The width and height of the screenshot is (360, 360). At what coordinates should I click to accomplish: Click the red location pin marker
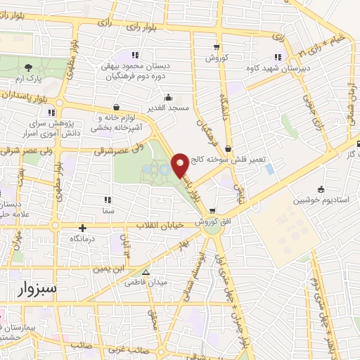tap(181, 165)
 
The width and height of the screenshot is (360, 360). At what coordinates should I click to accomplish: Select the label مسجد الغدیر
tap(168, 110)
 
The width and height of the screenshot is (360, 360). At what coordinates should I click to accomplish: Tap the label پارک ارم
tap(28, 79)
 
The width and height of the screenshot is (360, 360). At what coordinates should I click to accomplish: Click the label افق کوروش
tap(211, 221)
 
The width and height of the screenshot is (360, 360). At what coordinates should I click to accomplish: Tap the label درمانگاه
tap(83, 239)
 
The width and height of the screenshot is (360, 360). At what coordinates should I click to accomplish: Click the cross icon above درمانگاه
tap(83, 228)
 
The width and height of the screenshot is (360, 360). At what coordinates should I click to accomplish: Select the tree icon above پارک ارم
tap(28, 67)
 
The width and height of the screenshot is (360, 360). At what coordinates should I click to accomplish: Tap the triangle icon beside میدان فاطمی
tap(146, 272)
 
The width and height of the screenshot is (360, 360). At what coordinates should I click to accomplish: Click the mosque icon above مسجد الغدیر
tap(168, 98)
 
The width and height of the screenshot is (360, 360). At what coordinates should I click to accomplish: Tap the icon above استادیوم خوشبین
tap(321, 188)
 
